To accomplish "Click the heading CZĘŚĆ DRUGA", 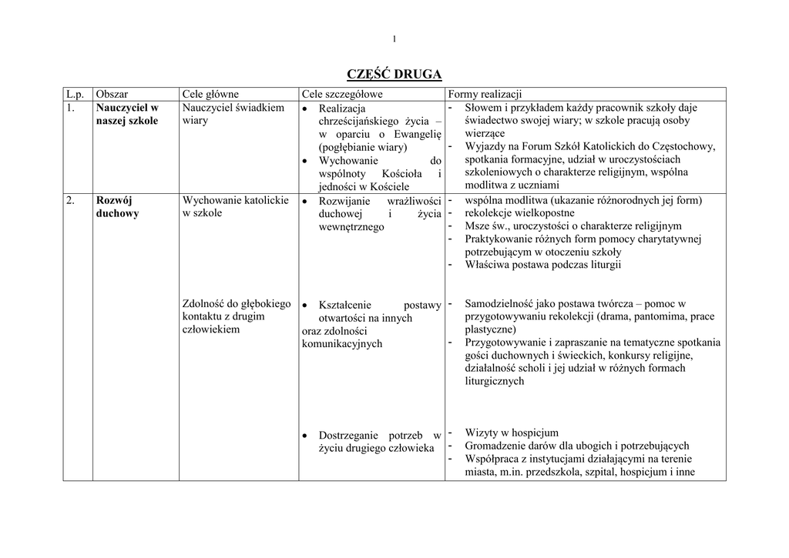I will coord(394,74).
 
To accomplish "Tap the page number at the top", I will coord(394,39).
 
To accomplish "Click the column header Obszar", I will coord(112,94).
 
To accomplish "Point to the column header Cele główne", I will coord(210,94).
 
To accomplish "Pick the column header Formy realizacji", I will coord(485,94).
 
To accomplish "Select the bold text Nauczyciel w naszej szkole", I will coord(127,114).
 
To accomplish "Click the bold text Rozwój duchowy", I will coord(117,206).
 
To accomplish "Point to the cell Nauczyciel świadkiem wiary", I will coord(233,114).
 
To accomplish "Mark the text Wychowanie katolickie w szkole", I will coord(235,206).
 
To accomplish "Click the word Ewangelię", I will coord(417,134).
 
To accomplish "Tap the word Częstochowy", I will coord(683,146).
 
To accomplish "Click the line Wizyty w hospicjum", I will coord(512,433).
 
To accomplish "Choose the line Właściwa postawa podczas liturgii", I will coord(542,265).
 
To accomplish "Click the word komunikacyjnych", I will coord(342,344).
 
